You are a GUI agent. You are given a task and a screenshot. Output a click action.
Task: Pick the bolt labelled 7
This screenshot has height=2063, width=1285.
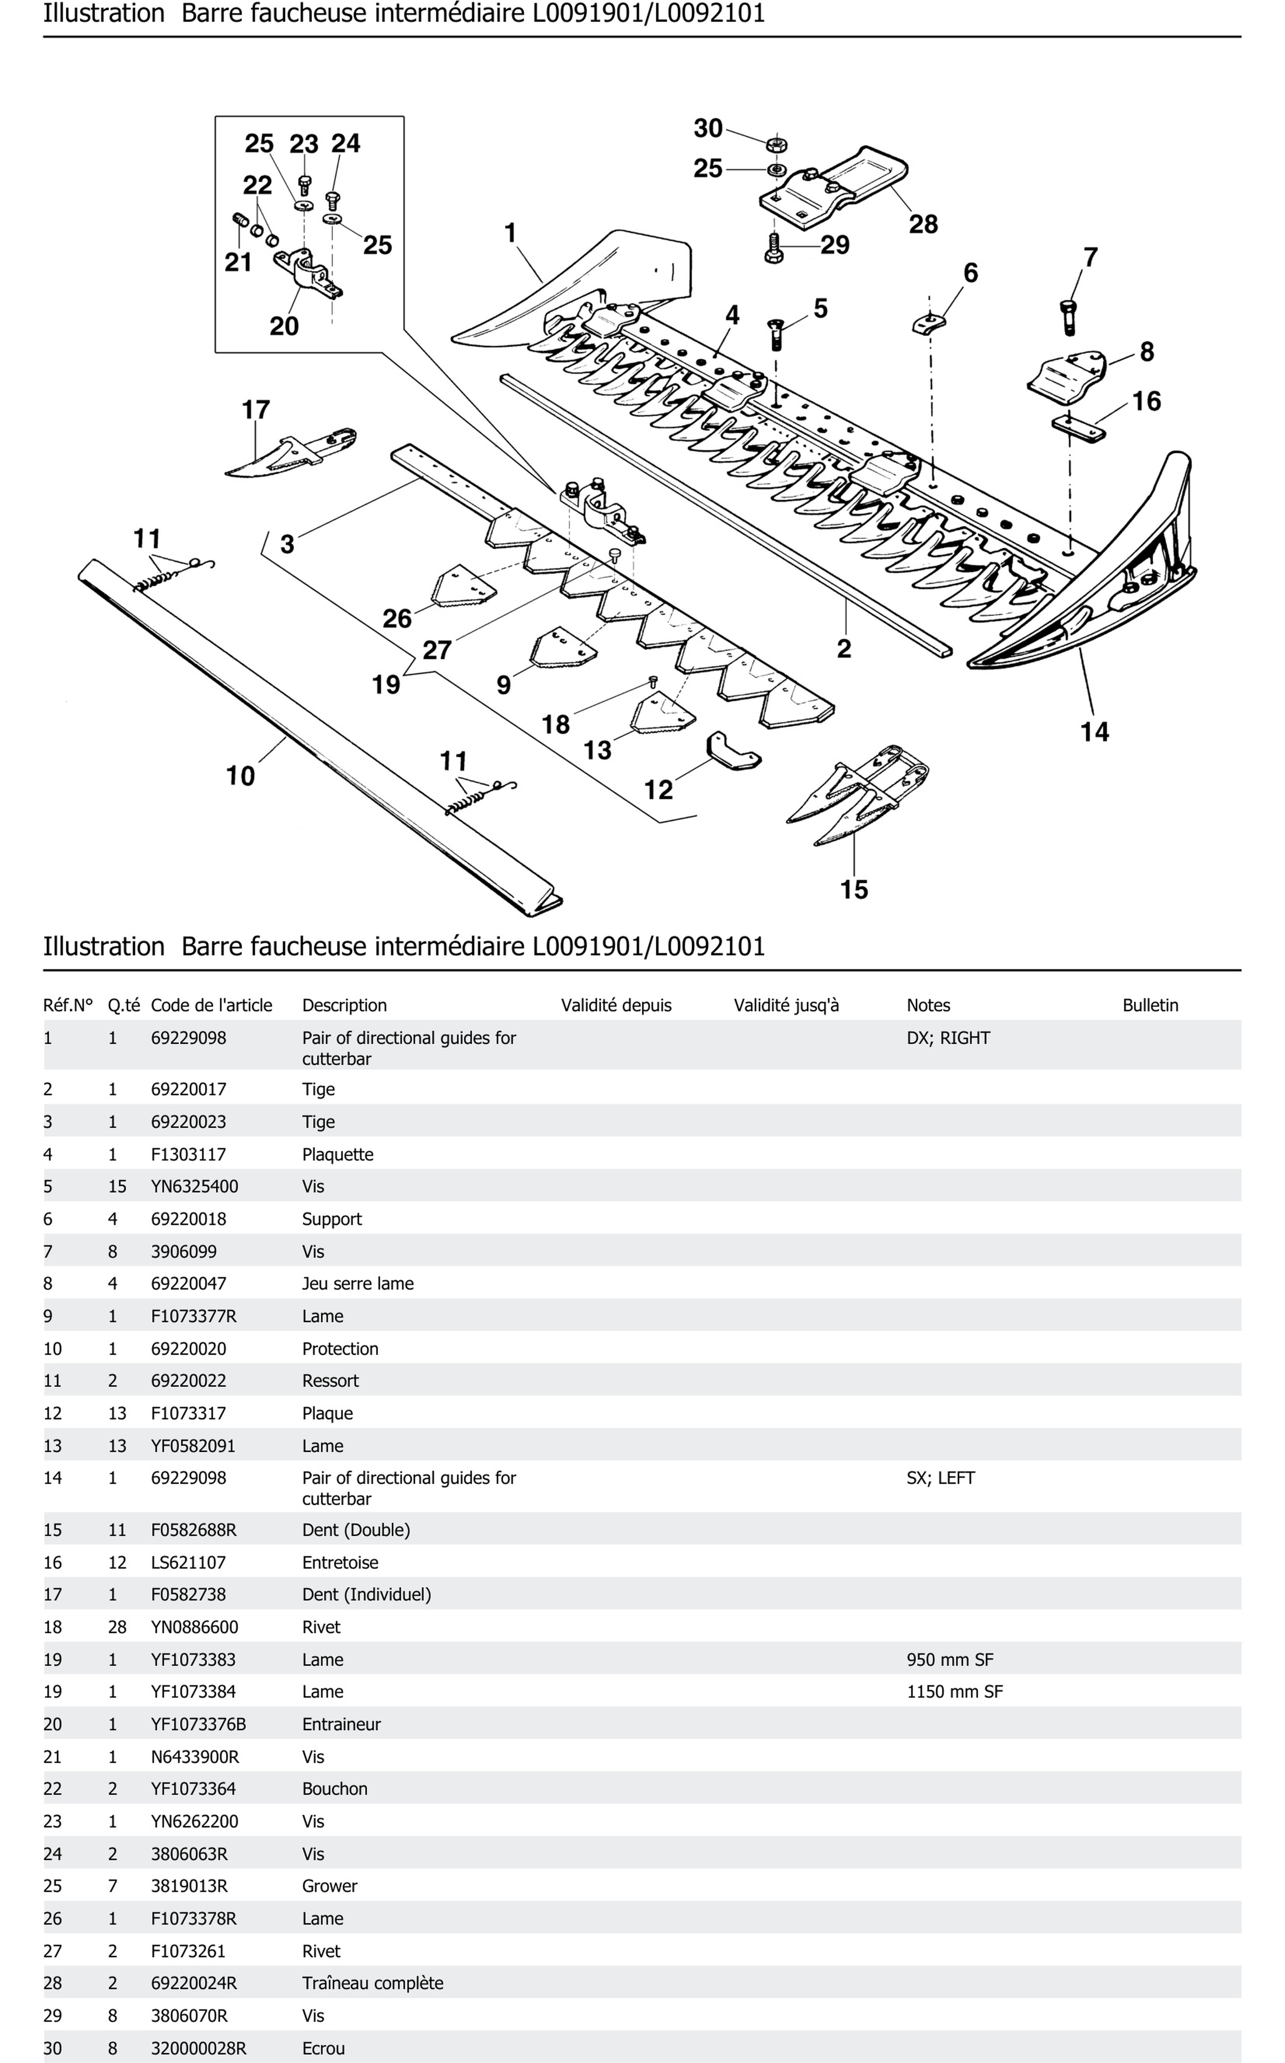(x=1068, y=316)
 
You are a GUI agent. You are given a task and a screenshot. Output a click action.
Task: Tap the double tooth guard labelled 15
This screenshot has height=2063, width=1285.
(x=858, y=794)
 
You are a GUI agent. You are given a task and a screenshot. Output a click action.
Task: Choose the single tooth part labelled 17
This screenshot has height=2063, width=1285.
(x=289, y=455)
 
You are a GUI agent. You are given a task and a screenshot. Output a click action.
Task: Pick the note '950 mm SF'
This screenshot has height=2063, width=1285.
(x=949, y=1660)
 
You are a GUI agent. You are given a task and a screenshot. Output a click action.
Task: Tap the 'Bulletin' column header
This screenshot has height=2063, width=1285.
(x=1150, y=1005)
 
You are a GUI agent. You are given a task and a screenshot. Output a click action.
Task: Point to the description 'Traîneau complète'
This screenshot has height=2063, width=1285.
(x=372, y=1983)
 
